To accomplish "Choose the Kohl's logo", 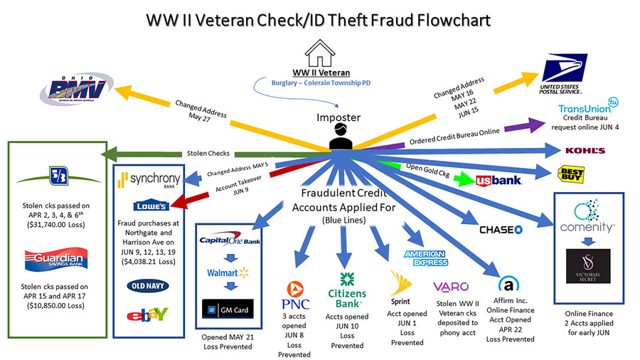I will [585, 150].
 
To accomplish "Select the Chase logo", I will [501, 229].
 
